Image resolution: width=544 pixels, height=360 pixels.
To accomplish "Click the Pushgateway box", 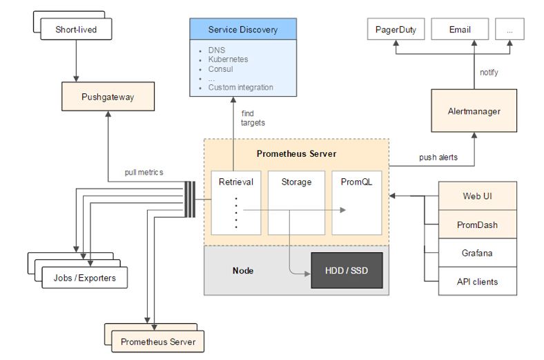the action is pos(108,97).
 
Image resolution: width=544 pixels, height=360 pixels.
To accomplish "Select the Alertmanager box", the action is pos(474,111).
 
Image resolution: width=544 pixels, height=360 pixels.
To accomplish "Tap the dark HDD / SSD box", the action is pos(347,270).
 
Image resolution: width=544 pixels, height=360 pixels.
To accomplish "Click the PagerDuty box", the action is pos(396,29).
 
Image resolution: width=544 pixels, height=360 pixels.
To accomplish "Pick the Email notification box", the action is pos(460,29).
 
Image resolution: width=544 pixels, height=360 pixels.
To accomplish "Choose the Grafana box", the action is pos(478,253).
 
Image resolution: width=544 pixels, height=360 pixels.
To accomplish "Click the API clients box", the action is pos(478,281).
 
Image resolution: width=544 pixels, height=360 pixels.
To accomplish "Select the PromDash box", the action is pos(478,225).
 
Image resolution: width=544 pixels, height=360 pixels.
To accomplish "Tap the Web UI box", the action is pos(478,196).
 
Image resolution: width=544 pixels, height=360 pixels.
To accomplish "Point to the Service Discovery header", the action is pos(243,29).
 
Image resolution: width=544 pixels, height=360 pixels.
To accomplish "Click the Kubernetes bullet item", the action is pos(228,59).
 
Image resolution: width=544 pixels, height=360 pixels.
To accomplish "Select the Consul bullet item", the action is pos(220,69).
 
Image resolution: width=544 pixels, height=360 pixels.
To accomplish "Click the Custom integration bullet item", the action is pos(240,88).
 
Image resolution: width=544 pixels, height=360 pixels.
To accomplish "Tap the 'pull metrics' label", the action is pos(144,172).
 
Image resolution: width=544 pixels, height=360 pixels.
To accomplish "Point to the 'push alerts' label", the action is pos(438,158).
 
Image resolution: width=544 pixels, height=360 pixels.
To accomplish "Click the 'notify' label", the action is pos(489,73).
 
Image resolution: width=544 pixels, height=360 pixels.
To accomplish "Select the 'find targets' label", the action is pos(253,118).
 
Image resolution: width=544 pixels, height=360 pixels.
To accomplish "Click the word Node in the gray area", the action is pos(243,270).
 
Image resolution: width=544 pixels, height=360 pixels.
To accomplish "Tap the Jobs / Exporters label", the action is pos(85,278).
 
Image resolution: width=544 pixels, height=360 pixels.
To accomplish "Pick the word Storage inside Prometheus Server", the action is pos(296,182).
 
